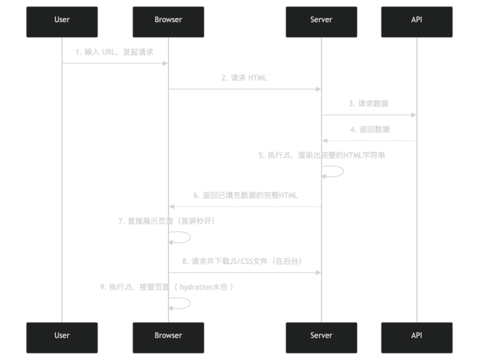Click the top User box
62,22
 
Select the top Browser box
168,22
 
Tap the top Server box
321,22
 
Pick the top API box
417,22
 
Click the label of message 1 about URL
114,52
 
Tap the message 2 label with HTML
244,78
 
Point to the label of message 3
369,103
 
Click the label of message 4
369,129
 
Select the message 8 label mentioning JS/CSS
242,261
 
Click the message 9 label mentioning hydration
167,287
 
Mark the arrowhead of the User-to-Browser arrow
165,64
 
